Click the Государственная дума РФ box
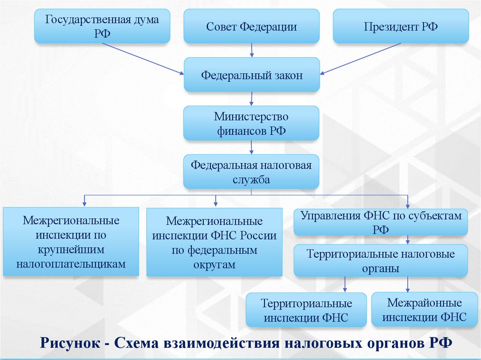(102, 26)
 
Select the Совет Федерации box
(251, 26)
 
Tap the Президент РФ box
(401, 26)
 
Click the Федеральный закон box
(251, 75)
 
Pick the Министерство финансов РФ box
(251, 123)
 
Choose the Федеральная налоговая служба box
(251, 172)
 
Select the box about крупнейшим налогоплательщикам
(71, 242)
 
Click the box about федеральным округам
(214, 242)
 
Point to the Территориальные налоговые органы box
(381, 261)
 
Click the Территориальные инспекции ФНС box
(306, 310)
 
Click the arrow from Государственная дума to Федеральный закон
(143, 59)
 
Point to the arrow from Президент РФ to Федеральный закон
(361, 59)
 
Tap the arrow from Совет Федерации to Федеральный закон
(252, 50)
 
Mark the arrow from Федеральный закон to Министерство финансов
(252, 99)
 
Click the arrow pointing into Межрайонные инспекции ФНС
(407, 284)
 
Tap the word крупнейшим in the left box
(71, 249)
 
